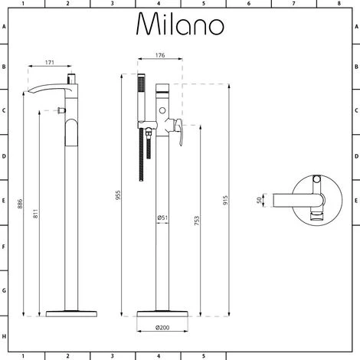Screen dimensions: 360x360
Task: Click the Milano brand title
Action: tap(181, 25)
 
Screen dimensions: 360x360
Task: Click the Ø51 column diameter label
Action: tap(162, 218)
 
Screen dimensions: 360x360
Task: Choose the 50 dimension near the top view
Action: tap(258, 200)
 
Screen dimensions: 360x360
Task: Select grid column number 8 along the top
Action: tap(338, 4)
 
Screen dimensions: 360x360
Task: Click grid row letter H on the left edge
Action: tap(4, 337)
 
